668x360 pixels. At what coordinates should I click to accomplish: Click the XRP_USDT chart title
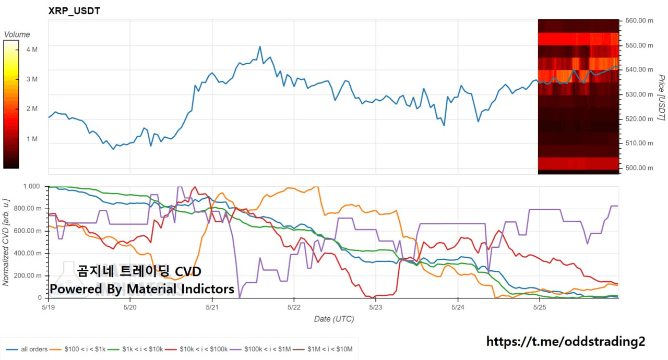point(74,10)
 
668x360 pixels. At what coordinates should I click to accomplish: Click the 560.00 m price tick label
point(639,21)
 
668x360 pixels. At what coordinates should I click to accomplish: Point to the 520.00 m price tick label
point(639,119)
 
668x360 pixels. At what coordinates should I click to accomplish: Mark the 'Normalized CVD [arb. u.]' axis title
point(6,242)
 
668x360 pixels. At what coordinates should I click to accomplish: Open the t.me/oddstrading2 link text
point(565,342)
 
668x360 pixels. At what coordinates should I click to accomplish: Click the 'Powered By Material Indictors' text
point(142,289)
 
